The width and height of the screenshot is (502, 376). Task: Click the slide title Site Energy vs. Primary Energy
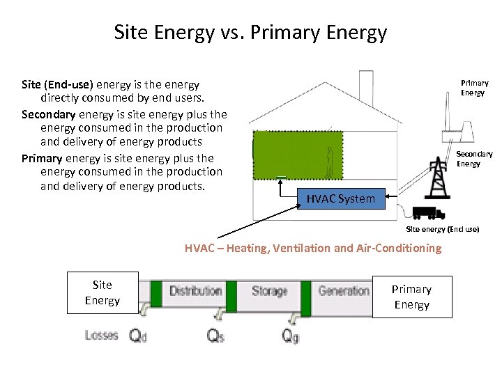[x=250, y=33]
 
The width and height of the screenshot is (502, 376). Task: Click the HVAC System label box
[x=341, y=199]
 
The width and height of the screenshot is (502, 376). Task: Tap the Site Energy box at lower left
[x=102, y=292]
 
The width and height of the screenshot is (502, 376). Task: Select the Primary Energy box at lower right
[x=411, y=297]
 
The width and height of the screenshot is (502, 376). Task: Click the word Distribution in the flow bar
[x=196, y=290]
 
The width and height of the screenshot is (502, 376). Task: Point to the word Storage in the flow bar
[x=269, y=290]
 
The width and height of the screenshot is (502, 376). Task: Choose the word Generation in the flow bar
[x=344, y=290]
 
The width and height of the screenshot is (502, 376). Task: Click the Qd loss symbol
[x=139, y=335]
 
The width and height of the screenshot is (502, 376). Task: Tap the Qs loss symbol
[x=215, y=335]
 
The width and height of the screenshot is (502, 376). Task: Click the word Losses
[x=102, y=335]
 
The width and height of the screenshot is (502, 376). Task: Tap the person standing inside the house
[x=330, y=162]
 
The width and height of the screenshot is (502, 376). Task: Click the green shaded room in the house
[x=296, y=155]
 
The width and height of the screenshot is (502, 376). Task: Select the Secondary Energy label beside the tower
[x=474, y=159]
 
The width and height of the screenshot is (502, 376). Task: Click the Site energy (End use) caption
[x=443, y=229]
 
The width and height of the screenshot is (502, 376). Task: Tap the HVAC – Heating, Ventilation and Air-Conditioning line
[x=313, y=248]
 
